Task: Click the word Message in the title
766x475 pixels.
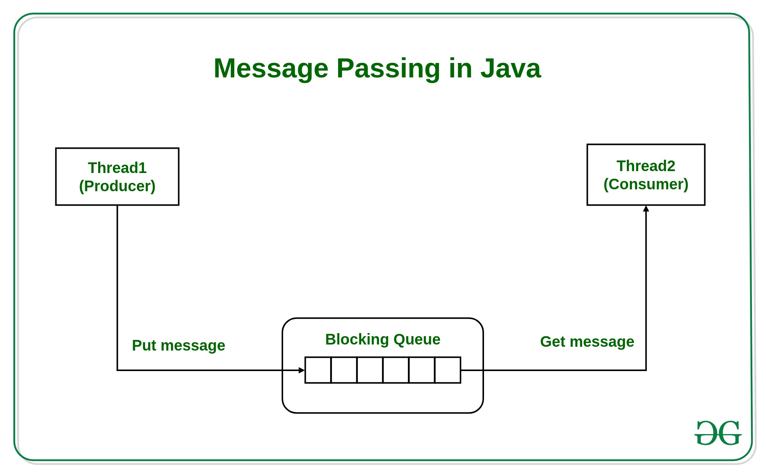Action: [x=271, y=69]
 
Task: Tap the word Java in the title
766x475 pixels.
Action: [x=511, y=69]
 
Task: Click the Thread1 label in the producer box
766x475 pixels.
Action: [x=117, y=168]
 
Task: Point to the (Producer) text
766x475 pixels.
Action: [x=117, y=186]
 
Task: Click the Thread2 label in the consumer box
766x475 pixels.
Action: [x=646, y=166]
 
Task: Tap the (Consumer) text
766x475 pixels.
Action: [x=646, y=184]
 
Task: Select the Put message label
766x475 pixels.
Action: [x=179, y=346]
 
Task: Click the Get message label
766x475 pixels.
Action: [x=587, y=342]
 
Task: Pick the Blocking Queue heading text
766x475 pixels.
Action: [x=383, y=340]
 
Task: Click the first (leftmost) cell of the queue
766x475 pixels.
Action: [x=318, y=370]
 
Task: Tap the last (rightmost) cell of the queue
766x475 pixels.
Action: [x=448, y=370]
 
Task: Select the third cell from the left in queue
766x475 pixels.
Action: [x=370, y=370]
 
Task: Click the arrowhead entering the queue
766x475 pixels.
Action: [x=302, y=370]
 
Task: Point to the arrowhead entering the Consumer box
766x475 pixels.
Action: [x=646, y=209]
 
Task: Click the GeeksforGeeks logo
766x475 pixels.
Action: [x=717, y=433]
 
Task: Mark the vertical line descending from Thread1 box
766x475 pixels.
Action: [x=117, y=285]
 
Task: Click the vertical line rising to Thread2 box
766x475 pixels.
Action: [x=646, y=288]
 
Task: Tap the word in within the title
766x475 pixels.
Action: [x=461, y=69]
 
